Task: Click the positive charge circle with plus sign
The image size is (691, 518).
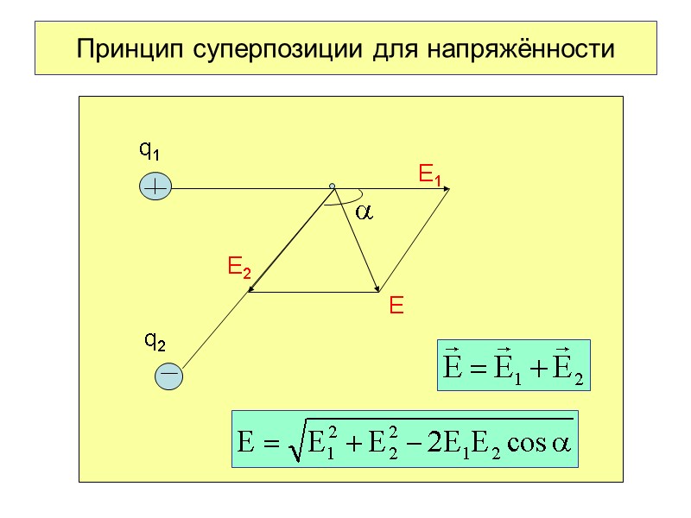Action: coord(155,186)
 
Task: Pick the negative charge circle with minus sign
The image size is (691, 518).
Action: coord(169,375)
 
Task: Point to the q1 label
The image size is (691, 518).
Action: coord(150,152)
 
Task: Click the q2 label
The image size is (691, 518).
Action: coord(155,343)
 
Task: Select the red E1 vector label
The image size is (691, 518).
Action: coord(429,176)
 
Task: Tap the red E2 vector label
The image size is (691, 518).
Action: coord(238,267)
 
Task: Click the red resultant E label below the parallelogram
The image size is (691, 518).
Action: coord(396,306)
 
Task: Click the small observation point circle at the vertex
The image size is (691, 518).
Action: coord(332,186)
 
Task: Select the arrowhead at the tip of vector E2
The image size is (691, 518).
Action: coord(251,288)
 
